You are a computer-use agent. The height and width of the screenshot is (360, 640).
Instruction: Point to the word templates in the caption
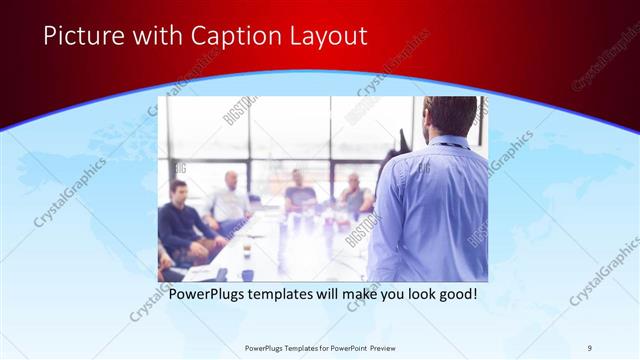click(x=295, y=295)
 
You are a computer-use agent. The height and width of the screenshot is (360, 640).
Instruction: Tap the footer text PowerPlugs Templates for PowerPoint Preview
click(x=319, y=347)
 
